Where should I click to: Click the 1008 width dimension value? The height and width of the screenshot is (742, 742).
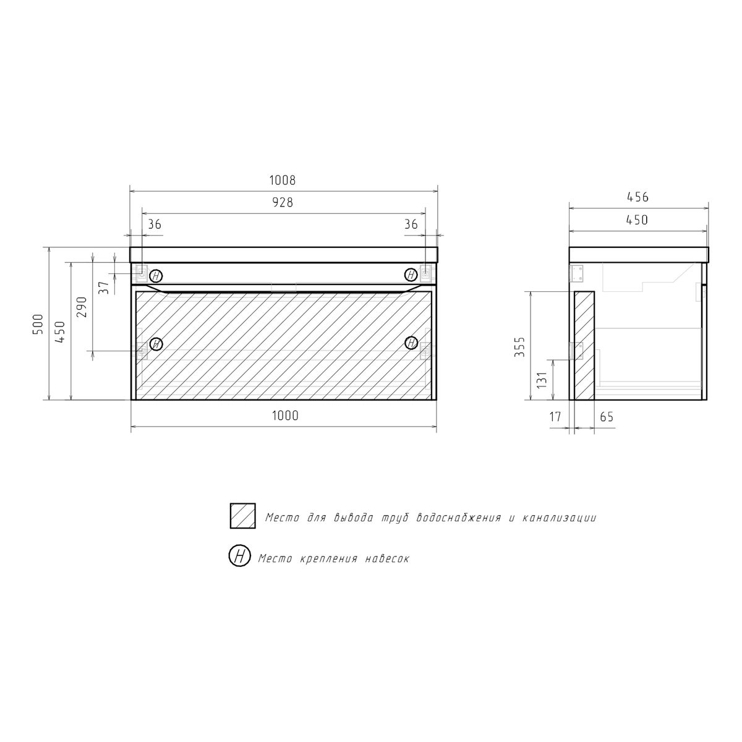pos(282,180)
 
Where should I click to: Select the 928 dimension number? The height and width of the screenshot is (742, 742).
pos(283,202)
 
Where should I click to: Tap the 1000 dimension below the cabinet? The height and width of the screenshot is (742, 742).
pos(285,416)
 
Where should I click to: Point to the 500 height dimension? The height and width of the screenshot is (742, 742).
pos(38,324)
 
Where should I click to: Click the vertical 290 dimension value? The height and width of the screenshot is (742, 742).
pos(82,307)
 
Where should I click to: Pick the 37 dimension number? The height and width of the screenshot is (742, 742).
pos(104,288)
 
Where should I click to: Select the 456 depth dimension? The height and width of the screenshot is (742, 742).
pos(638,197)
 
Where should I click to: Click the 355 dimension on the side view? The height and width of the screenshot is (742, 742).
pos(519,347)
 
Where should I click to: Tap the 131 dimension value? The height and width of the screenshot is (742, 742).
pos(542,380)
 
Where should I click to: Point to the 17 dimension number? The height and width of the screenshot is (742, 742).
pos(555,417)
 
